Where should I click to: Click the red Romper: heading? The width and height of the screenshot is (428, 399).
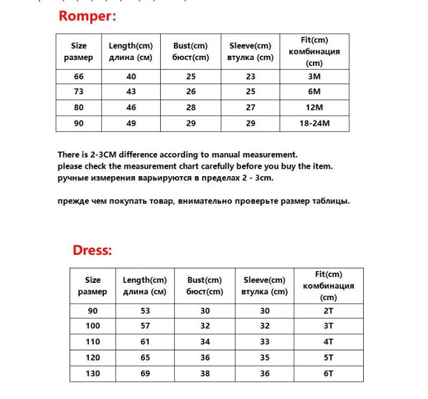[x=87, y=16]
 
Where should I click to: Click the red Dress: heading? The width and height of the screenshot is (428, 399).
[x=92, y=250]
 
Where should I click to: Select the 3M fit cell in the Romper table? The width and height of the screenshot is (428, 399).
[x=314, y=77]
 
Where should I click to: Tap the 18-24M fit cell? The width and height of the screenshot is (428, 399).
[x=314, y=124]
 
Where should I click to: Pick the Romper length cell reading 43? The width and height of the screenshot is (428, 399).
[x=131, y=92]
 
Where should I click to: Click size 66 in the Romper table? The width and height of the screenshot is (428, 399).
[x=79, y=77]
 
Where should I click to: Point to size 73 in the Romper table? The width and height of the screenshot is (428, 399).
[x=79, y=92]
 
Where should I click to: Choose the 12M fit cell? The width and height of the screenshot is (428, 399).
[x=314, y=108]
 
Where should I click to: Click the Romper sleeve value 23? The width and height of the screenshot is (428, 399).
[x=251, y=77]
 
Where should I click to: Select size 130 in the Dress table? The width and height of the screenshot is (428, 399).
[x=93, y=373]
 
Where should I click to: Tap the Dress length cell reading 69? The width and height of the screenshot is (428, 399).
[x=145, y=373]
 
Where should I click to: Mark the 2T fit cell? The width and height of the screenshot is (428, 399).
[x=328, y=311]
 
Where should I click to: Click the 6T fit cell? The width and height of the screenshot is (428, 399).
[x=328, y=373]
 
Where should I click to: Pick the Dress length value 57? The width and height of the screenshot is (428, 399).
[x=145, y=326]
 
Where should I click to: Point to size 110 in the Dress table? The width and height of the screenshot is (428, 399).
[x=93, y=342]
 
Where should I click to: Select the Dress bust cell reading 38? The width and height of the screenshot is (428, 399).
[x=205, y=373]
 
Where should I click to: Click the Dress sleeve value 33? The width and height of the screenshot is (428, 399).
[x=265, y=342]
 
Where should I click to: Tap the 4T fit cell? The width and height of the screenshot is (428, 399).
[x=328, y=342]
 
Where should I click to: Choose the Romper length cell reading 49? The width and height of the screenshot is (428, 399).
[x=131, y=124]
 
